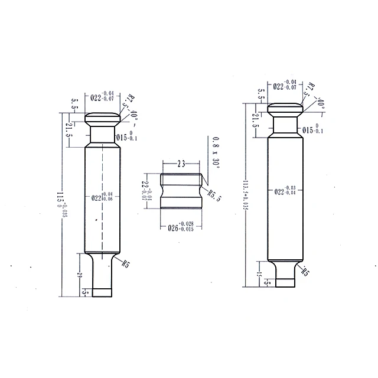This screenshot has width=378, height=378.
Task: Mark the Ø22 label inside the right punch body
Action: coord(285,190)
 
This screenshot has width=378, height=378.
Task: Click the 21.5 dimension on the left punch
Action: coord(69,131)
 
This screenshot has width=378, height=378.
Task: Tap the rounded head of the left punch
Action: coord(103,118)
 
